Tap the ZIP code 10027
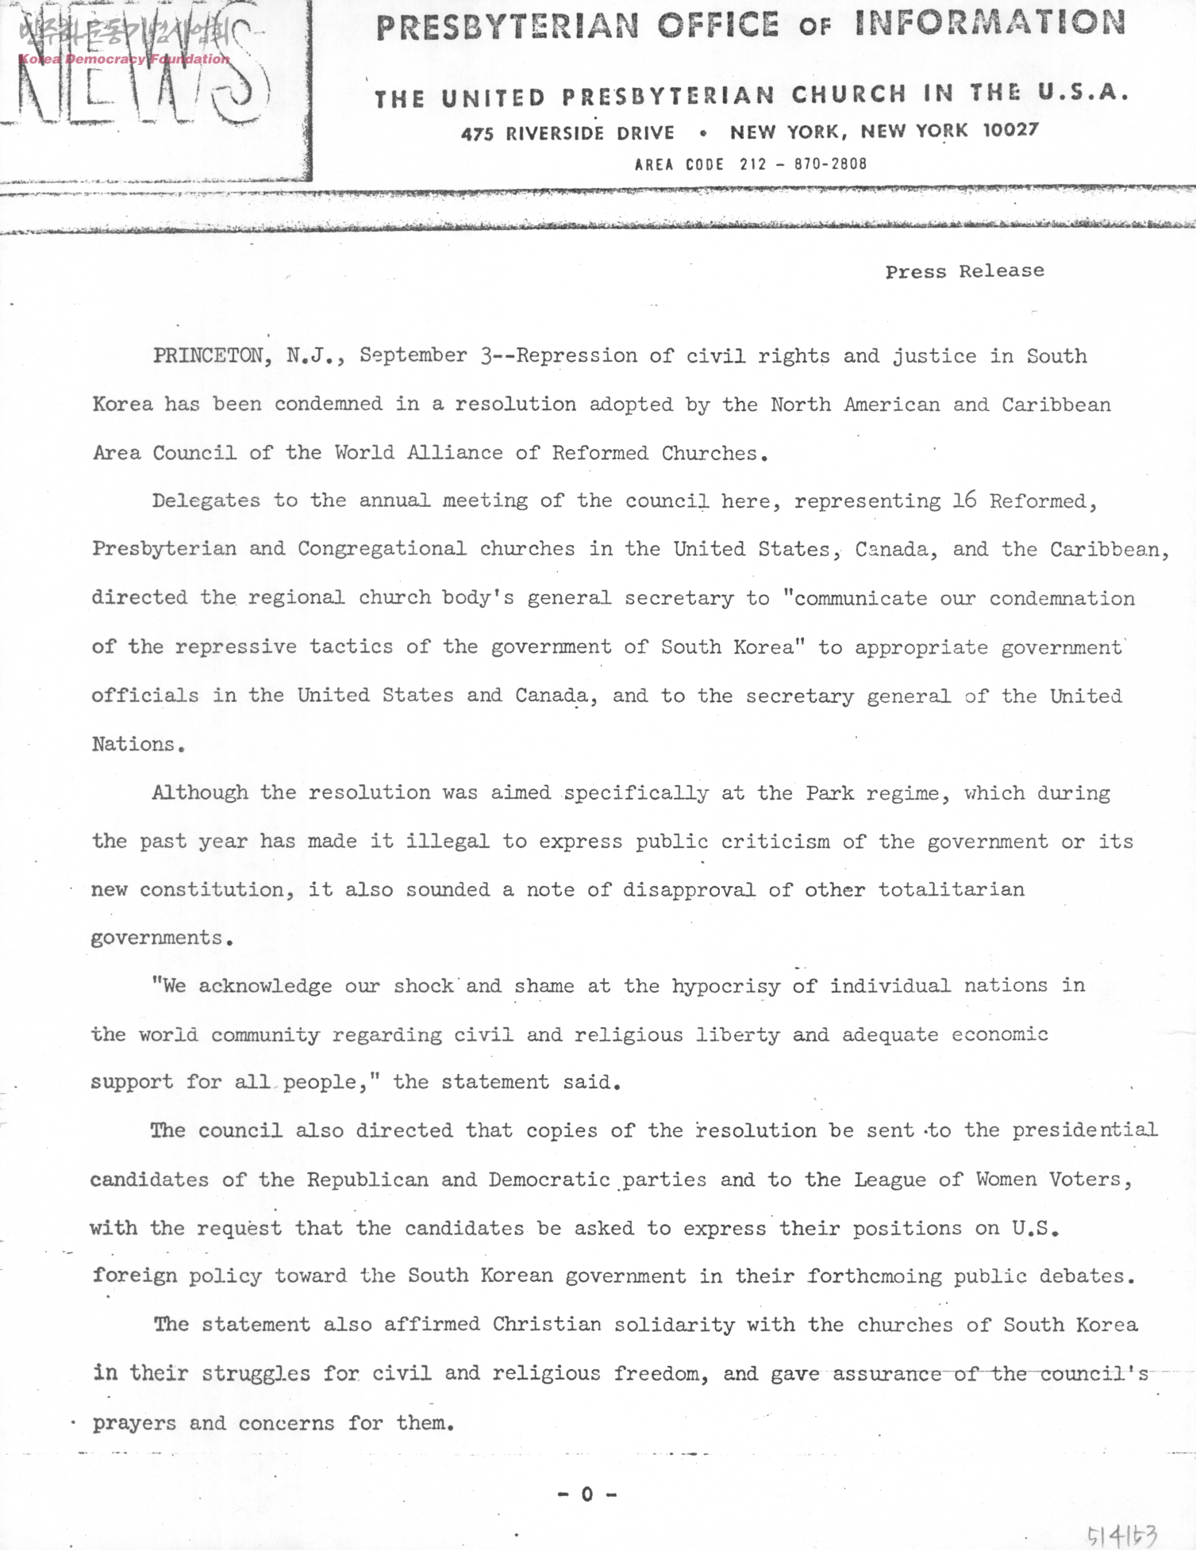[x=1010, y=130]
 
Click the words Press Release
[x=964, y=271]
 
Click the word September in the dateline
[x=413, y=355]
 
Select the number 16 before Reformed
[x=963, y=501]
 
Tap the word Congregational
[x=382, y=549]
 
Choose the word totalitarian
[x=951, y=889]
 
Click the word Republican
[x=367, y=1180]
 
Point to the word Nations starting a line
[x=133, y=744]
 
